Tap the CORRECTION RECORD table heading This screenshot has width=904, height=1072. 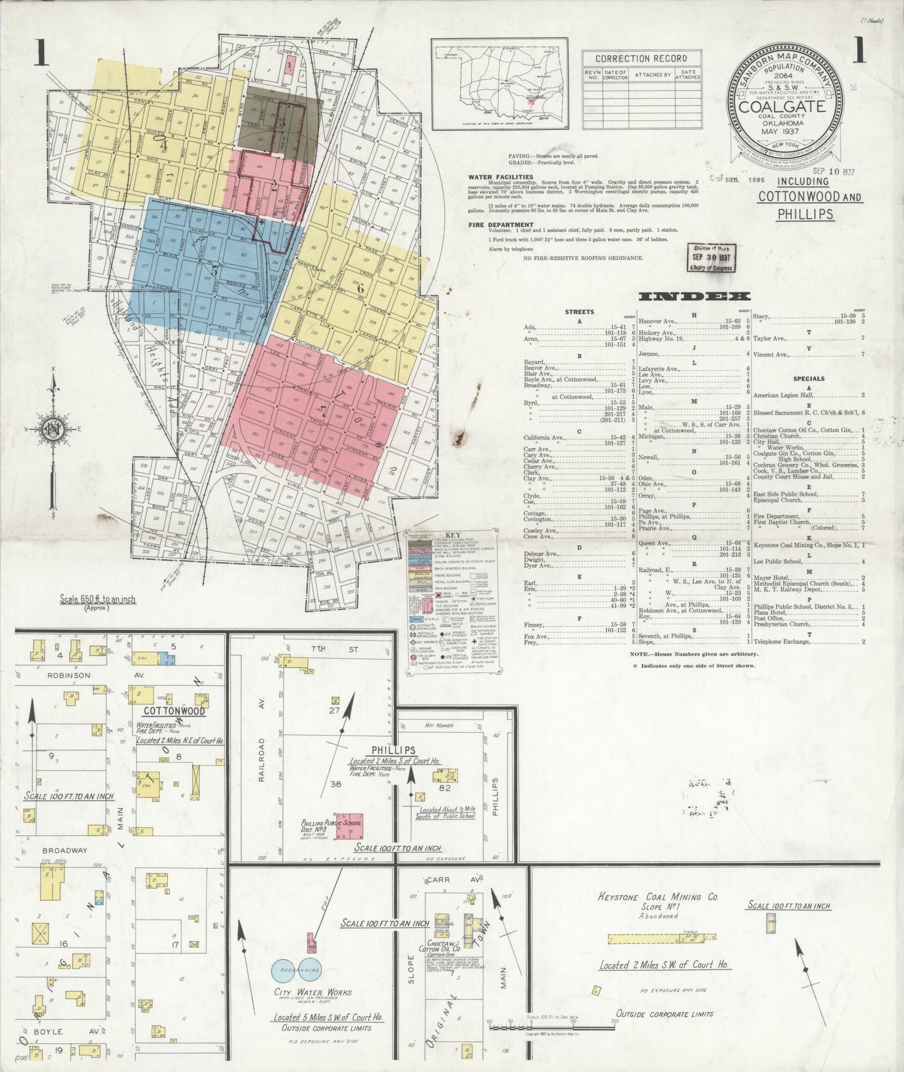pyautogui.click(x=642, y=58)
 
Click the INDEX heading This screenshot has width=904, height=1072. pyautogui.click(x=694, y=296)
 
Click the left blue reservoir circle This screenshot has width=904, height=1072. pyautogui.click(x=285, y=970)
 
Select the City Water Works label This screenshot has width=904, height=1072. pyautogui.click(x=312, y=992)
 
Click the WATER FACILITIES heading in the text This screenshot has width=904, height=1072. pyautogui.click(x=500, y=177)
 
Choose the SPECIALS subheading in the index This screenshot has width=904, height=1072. pyautogui.click(x=808, y=378)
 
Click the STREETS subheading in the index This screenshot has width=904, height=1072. pyautogui.click(x=579, y=311)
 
